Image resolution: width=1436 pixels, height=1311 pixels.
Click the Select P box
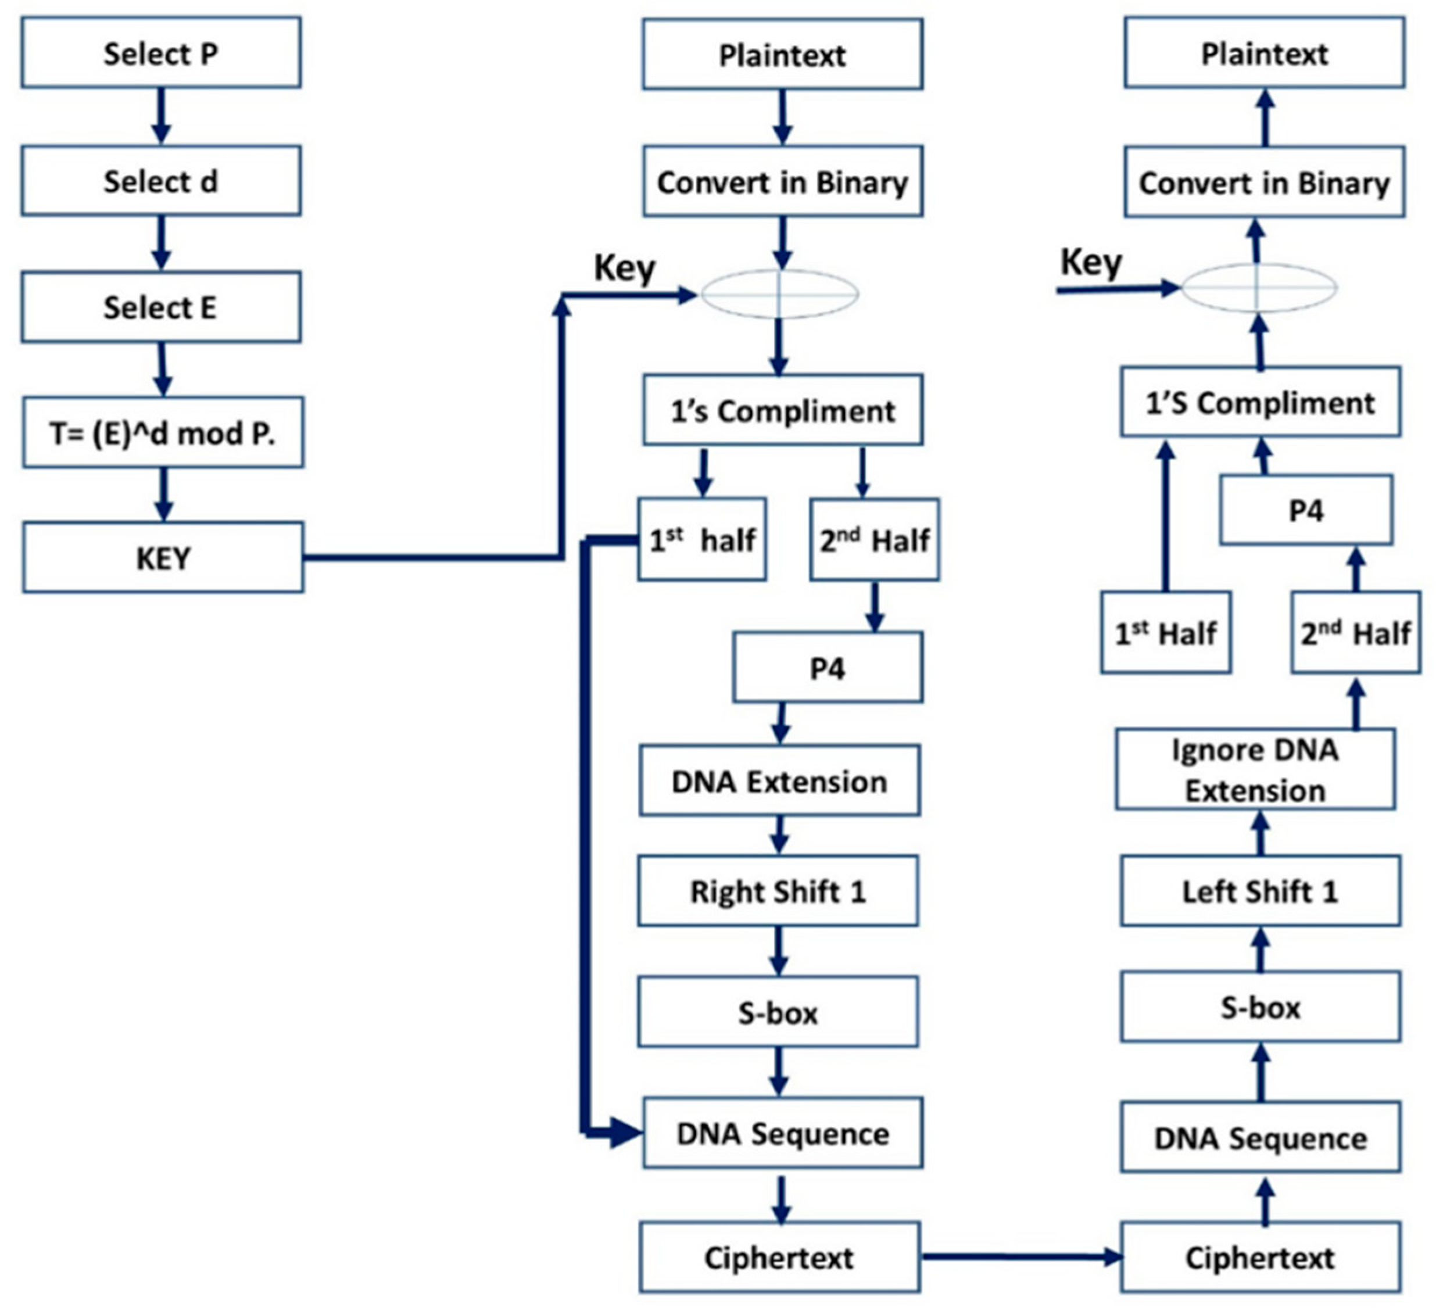(161, 53)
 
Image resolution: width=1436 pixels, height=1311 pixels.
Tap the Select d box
(161, 181)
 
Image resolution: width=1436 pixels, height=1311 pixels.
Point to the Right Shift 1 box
(778, 891)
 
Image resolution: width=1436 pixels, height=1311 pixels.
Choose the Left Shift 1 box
(1260, 891)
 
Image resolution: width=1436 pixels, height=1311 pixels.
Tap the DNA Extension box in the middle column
(779, 781)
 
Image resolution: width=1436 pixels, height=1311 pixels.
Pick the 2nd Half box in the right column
(1355, 632)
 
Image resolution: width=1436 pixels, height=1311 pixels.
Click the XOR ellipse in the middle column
(779, 293)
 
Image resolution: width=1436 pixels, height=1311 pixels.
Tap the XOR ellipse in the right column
(1259, 288)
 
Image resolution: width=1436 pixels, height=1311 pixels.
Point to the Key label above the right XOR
(1091, 262)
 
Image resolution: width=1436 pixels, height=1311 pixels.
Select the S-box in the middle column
(778, 1012)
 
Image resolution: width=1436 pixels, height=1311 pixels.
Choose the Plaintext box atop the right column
(1265, 53)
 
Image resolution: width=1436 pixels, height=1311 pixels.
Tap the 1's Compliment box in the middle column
(782, 411)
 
